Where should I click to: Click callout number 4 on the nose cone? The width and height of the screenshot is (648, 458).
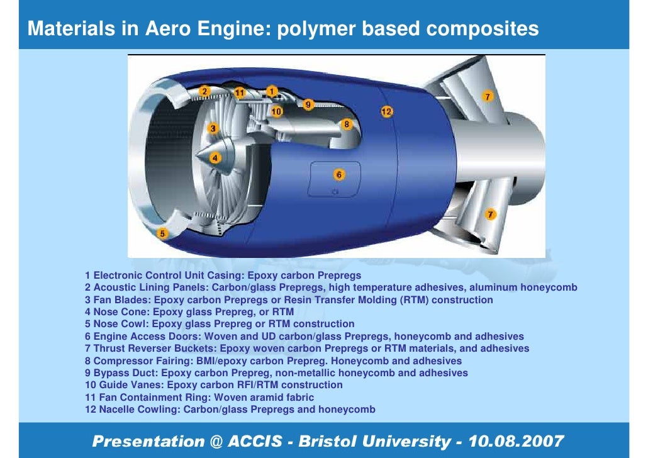click(215, 158)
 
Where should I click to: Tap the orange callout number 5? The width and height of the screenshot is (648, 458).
click(162, 234)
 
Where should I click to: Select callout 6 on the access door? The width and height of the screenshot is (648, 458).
click(338, 174)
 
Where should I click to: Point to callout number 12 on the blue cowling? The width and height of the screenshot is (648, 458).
click(386, 111)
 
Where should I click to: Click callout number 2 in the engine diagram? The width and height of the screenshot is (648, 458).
click(204, 92)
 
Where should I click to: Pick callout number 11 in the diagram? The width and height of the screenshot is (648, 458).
click(239, 92)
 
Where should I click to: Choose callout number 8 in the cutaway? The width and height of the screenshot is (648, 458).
click(346, 125)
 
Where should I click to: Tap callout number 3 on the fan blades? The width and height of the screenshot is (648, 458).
click(213, 128)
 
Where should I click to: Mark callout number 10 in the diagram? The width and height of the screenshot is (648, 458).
click(277, 111)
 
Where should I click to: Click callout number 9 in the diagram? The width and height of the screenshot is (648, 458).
click(308, 104)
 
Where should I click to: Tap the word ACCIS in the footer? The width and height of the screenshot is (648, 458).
click(255, 441)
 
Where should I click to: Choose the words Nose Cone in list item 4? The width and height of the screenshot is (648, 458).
click(120, 312)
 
